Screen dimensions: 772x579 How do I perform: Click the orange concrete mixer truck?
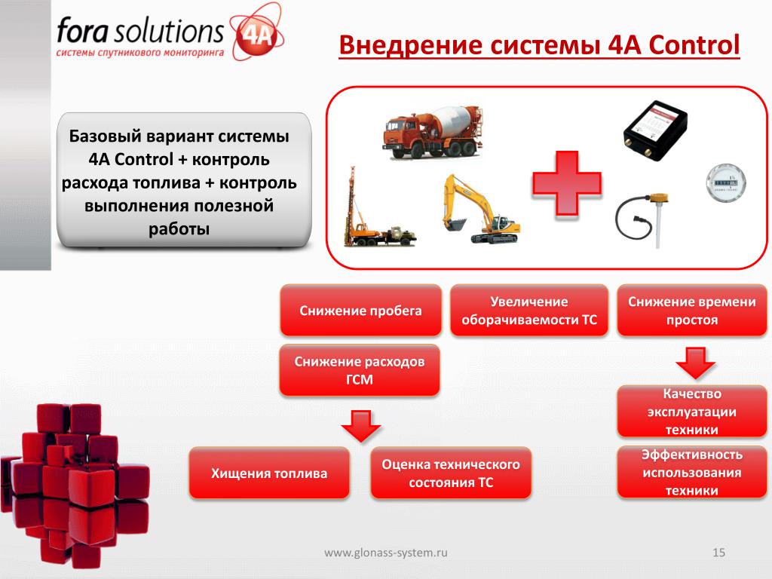(x=432, y=133)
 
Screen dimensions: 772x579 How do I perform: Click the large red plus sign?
(x=567, y=184)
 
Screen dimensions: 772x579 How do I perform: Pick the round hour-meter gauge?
(x=726, y=184)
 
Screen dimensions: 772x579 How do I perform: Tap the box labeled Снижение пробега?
(x=360, y=311)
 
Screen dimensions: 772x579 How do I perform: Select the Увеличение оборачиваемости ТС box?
(x=528, y=311)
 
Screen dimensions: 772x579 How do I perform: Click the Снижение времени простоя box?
(x=692, y=311)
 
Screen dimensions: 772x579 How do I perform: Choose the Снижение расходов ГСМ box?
(x=360, y=370)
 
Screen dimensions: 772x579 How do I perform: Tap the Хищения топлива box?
(x=269, y=473)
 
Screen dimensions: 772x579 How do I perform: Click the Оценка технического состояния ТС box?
(x=451, y=473)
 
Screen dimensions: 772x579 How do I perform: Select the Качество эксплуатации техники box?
(x=692, y=412)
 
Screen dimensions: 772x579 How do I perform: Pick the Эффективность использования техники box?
(x=692, y=472)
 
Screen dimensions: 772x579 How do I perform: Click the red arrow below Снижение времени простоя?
(x=695, y=363)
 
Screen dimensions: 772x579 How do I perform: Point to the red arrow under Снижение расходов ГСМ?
(x=361, y=426)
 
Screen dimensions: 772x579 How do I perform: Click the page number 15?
(x=718, y=553)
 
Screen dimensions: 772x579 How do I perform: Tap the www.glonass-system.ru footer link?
(x=386, y=553)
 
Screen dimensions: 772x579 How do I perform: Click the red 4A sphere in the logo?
(x=256, y=35)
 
